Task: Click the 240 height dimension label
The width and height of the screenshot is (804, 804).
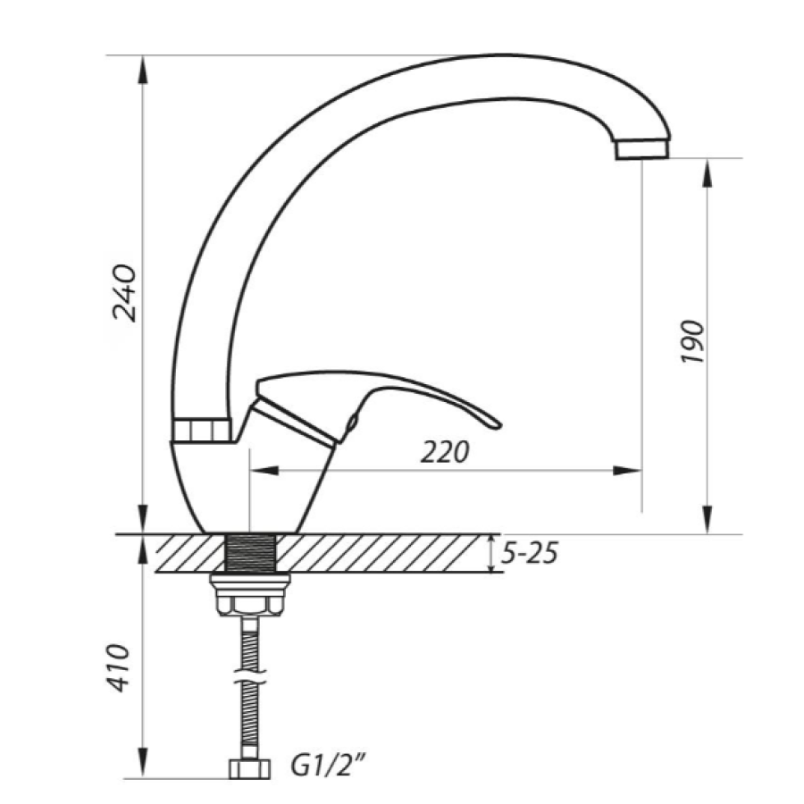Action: click(125, 293)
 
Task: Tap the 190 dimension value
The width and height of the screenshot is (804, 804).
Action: click(692, 342)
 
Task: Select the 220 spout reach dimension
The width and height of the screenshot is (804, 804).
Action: click(445, 452)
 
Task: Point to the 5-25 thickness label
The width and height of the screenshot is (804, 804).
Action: click(530, 554)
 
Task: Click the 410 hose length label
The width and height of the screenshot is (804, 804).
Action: click(117, 667)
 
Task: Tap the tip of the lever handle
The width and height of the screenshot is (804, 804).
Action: click(499, 424)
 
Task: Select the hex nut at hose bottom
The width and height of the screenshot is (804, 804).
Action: click(249, 767)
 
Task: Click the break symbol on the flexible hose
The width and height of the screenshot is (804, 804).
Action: click(250, 675)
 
